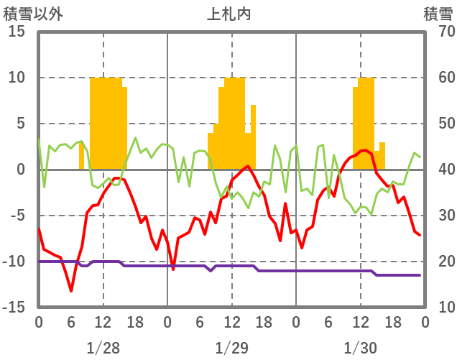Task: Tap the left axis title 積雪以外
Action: point(28,13)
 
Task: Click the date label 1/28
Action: point(103,349)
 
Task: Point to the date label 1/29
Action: point(231,349)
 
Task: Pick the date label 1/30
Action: point(360,349)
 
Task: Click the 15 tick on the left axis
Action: point(17,32)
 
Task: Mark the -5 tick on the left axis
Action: point(17,216)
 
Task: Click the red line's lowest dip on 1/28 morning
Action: point(71,290)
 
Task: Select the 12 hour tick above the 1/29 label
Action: point(231,321)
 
